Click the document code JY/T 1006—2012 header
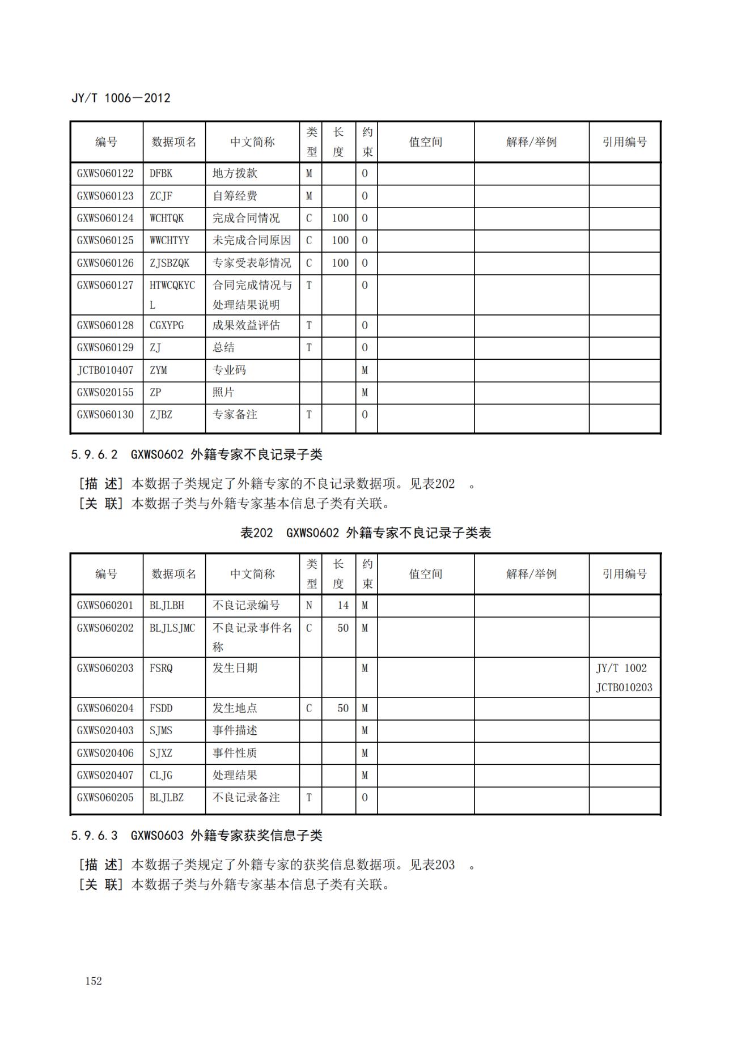tap(121, 98)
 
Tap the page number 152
tap(94, 981)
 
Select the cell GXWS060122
tap(105, 173)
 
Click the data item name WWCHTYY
tap(170, 240)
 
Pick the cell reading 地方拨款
tap(235, 173)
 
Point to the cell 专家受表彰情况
tap(252, 263)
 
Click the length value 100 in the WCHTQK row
tap(340, 218)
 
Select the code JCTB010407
tap(105, 370)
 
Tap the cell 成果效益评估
tap(246, 325)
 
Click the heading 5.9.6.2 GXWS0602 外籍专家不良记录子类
tap(197, 454)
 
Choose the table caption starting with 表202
tap(366, 533)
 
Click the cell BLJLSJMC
tap(172, 628)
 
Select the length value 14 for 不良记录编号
tap(343, 605)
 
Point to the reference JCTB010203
tap(624, 687)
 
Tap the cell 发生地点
tap(235, 708)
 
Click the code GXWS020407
tap(105, 775)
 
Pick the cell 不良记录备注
tap(246, 797)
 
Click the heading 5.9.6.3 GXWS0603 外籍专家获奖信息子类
tap(197, 835)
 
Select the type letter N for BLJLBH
tap(309, 605)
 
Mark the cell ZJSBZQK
tap(170, 263)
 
